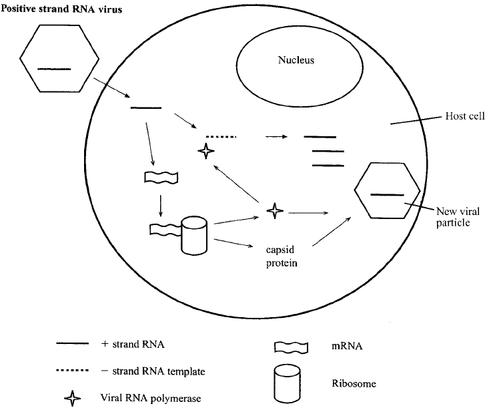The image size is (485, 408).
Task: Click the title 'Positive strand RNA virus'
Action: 61,9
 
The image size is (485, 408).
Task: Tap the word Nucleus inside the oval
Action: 296,59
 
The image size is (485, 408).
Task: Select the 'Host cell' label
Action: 464,116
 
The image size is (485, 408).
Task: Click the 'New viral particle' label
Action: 458,217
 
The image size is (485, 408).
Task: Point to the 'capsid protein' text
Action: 282,256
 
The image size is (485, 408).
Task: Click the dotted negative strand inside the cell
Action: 221,136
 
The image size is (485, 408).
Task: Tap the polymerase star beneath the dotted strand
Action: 206,151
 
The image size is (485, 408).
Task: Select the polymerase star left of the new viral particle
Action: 275,211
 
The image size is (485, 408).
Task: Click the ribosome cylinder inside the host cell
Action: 194,235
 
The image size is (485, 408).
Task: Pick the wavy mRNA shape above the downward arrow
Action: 161,178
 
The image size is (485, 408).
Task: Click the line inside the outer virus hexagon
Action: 54,69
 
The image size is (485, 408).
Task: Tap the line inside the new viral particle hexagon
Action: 387,195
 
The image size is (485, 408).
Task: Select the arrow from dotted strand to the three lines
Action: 276,136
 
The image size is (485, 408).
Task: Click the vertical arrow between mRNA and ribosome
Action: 160,206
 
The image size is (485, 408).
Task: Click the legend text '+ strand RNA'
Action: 133,345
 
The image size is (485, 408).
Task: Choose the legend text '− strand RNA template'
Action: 153,371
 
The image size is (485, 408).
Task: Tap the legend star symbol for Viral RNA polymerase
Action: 72,399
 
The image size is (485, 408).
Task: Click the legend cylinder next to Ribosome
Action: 287,384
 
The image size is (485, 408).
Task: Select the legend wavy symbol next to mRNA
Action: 292,348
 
